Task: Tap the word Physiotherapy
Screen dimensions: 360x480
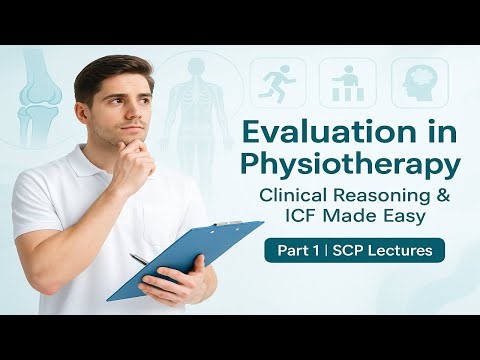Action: [x=346, y=165]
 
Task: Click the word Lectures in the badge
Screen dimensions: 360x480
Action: [x=398, y=250]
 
